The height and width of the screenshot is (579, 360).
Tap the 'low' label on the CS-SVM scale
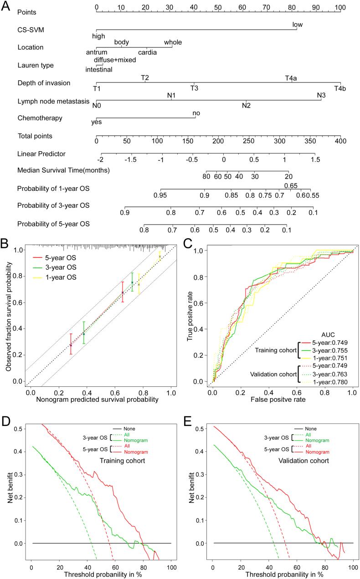tap(297, 25)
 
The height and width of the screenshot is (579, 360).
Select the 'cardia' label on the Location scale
tap(147, 52)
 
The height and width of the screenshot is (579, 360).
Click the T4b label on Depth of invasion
tap(340, 88)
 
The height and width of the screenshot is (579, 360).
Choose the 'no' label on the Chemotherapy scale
tap(196, 113)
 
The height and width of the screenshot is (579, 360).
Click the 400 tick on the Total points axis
tap(340, 141)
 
